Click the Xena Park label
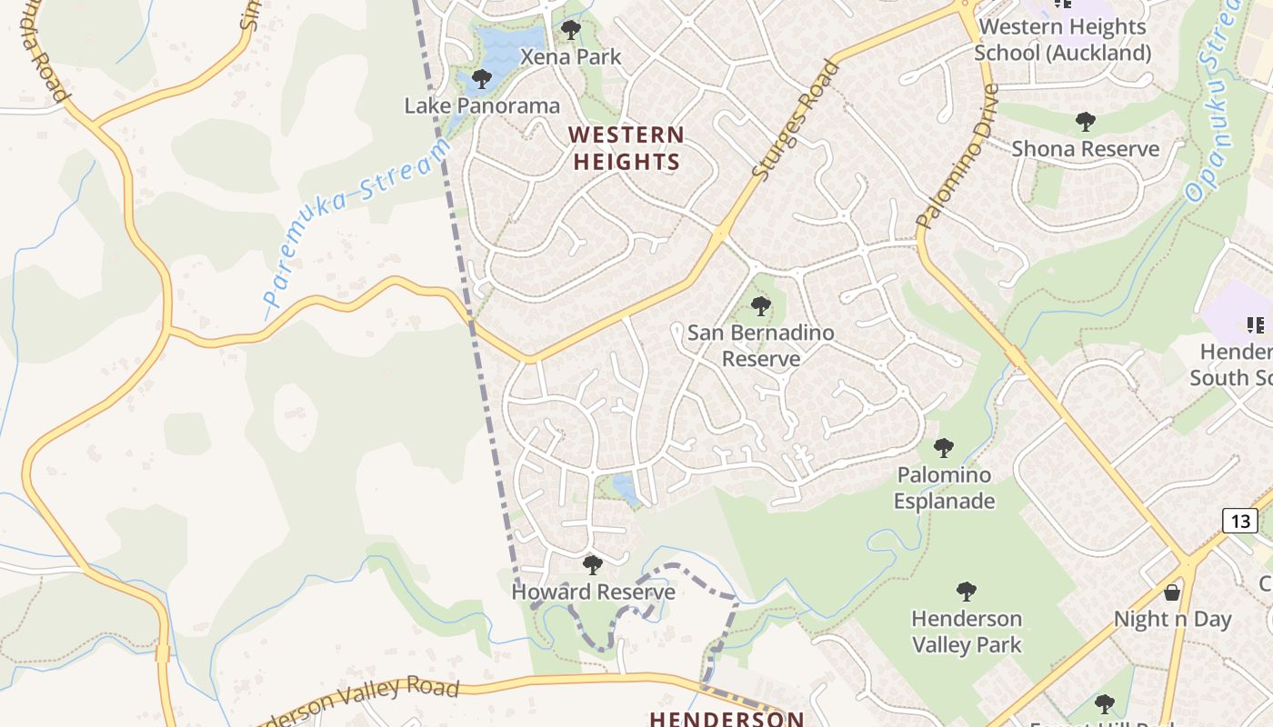[570, 57]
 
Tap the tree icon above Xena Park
[571, 30]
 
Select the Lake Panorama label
[482, 105]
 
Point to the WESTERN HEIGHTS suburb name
[626, 149]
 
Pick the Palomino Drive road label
[957, 156]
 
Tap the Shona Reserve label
[1085, 149]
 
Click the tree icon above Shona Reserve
[1085, 121]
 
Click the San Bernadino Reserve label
[761, 345]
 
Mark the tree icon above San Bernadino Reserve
[761, 306]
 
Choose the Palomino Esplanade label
[944, 488]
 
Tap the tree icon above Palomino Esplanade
[944, 447]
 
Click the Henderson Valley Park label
[967, 632]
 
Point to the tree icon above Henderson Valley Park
[967, 592]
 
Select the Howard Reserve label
[593, 593]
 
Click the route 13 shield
[1239, 521]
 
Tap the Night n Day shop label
[1172, 620]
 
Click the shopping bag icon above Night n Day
[1172, 593]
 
